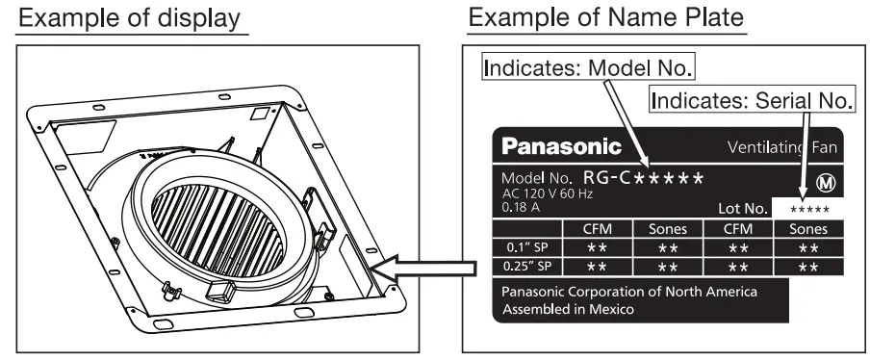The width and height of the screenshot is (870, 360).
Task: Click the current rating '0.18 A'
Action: coord(519,205)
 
